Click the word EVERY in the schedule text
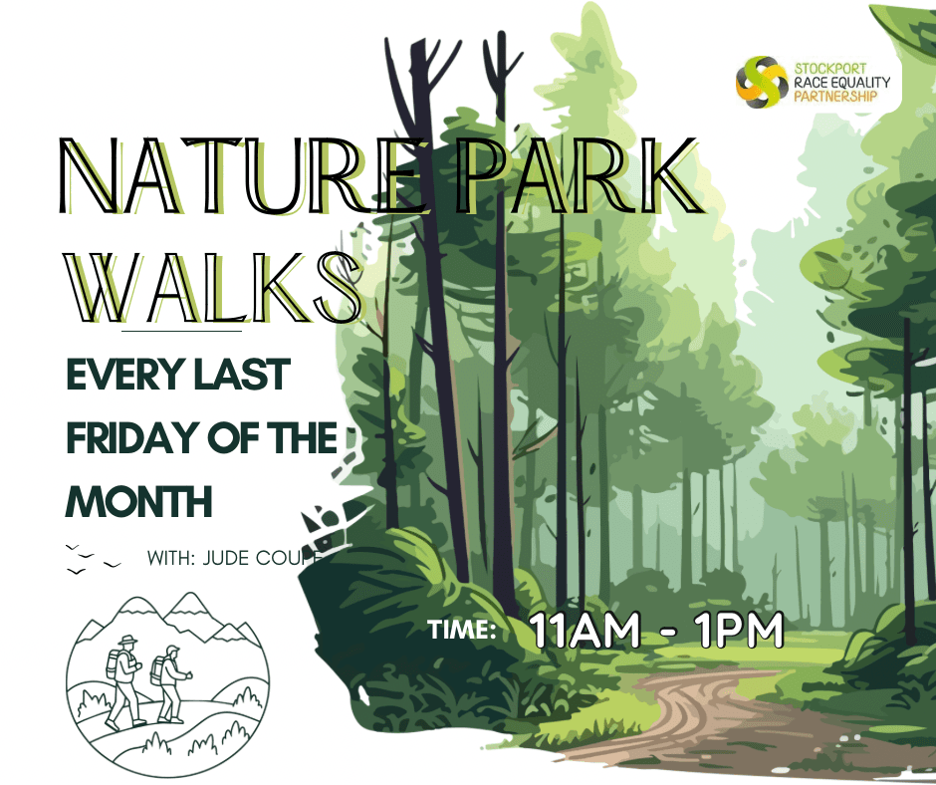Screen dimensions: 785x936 pos(123,376)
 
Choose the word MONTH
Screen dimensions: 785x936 pos(138,501)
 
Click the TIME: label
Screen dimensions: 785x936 pos(461,630)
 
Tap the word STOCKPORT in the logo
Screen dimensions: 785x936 pos(830,69)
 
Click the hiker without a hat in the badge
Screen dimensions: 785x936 pos(171,682)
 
